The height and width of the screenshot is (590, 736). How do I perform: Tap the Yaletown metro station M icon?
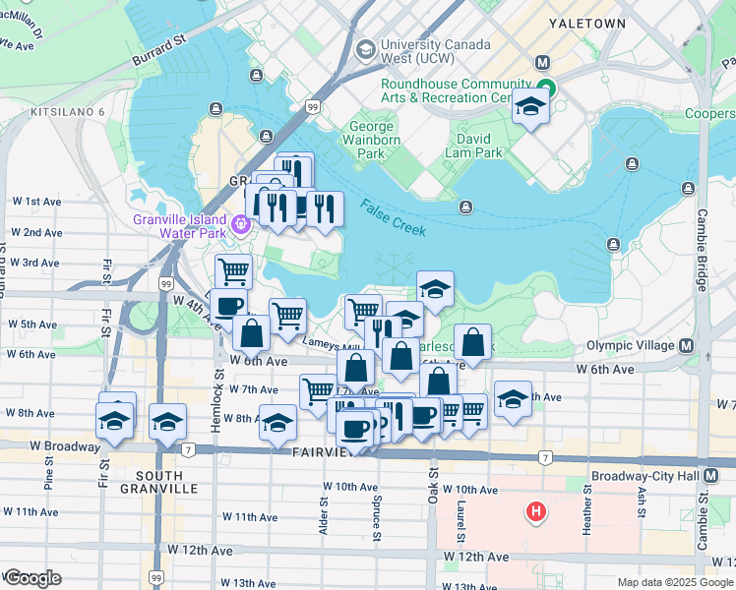(542, 62)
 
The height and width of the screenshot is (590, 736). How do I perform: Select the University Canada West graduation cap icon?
(366, 48)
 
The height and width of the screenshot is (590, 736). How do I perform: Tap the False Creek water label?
(393, 217)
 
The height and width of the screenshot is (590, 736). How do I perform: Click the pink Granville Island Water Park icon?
(238, 229)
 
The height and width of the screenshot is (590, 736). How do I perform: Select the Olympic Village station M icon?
(685, 346)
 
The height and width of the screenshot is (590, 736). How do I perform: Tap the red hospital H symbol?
(536, 511)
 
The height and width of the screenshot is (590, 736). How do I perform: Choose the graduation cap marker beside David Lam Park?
(530, 108)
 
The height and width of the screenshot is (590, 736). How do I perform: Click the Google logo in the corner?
(32, 578)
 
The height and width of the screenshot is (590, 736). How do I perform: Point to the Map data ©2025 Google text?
(674, 582)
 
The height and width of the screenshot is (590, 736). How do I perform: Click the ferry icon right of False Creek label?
(466, 206)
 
